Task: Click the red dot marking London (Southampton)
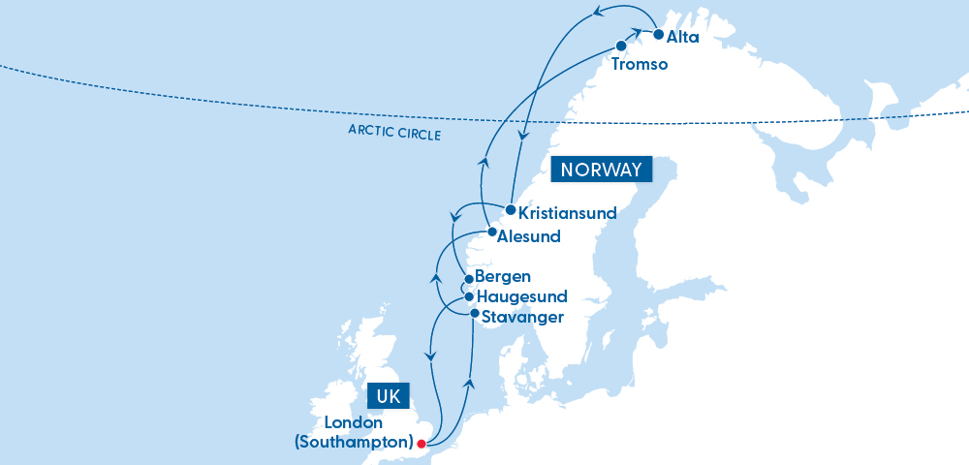pyautogui.click(x=421, y=444)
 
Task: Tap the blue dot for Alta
pyautogui.click(x=659, y=35)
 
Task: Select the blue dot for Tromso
pyautogui.click(x=621, y=46)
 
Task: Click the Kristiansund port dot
pyautogui.click(x=511, y=209)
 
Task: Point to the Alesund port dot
pyautogui.click(x=491, y=232)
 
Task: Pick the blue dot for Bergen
pyautogui.click(x=469, y=279)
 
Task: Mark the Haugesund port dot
pyautogui.click(x=469, y=296)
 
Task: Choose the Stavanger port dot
pyautogui.click(x=474, y=313)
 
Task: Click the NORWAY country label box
pyautogui.click(x=601, y=170)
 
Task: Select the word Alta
pyautogui.click(x=683, y=37)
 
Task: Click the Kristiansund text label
pyautogui.click(x=567, y=212)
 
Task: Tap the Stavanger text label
pyautogui.click(x=522, y=317)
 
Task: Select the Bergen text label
pyautogui.click(x=503, y=277)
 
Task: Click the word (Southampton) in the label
pyautogui.click(x=353, y=443)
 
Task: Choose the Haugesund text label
pyautogui.click(x=522, y=296)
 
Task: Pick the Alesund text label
pyautogui.click(x=529, y=235)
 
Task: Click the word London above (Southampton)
pyautogui.click(x=354, y=423)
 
